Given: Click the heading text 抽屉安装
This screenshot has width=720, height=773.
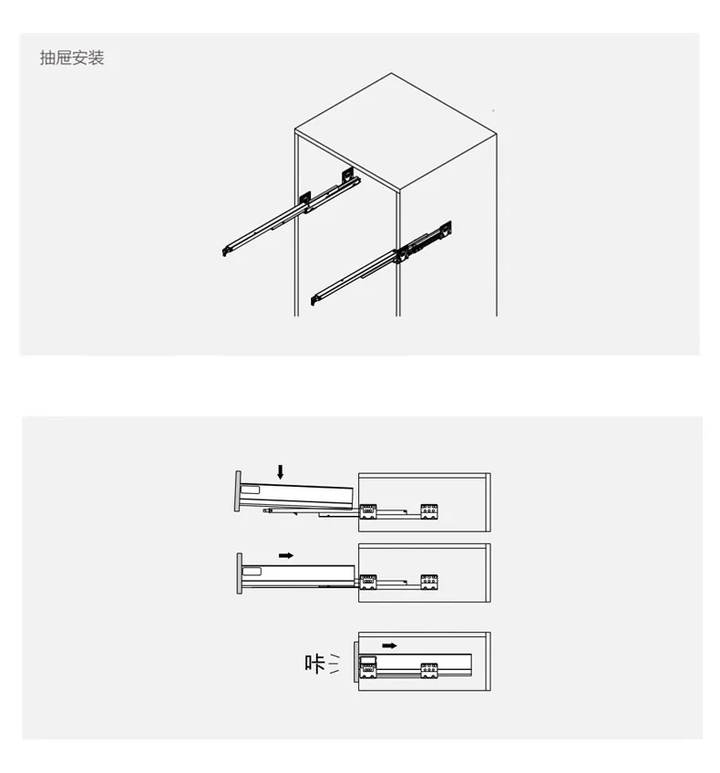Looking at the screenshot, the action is point(72,57).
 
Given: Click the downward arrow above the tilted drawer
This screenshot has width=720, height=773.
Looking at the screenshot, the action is point(281,472).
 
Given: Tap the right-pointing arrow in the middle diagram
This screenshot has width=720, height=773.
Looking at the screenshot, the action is point(286,556).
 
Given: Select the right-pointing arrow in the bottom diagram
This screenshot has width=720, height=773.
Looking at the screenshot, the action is point(389,645).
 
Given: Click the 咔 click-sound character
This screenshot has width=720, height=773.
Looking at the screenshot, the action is point(315,664).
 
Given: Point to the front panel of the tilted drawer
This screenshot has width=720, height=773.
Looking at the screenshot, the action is point(238,491).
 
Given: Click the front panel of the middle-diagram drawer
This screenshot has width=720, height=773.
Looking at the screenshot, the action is point(240,573).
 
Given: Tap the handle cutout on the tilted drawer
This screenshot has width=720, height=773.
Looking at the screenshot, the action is point(251,490).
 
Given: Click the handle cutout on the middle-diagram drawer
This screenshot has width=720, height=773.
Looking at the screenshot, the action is point(252,572).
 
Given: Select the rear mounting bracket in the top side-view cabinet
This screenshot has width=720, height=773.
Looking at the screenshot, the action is point(429,511).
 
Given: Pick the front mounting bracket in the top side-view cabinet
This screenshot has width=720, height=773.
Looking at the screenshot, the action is point(367,511).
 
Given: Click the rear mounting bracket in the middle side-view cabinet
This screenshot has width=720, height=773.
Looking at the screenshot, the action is point(429,582).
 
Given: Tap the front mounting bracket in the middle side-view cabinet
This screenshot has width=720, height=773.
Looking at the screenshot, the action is point(367,582).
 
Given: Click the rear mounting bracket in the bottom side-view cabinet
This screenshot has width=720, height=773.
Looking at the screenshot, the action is point(429,671).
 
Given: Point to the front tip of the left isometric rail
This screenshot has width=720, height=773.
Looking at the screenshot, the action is point(224,253).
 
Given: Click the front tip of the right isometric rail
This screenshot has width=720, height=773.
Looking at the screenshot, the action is point(313,300).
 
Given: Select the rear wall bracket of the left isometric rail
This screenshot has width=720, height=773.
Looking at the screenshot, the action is point(348,174).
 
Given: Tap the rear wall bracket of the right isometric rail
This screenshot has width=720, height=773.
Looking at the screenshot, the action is point(445,229).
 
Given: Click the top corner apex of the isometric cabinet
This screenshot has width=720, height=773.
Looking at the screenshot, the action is point(392,73).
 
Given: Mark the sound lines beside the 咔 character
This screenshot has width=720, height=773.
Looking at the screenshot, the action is point(334,664).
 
